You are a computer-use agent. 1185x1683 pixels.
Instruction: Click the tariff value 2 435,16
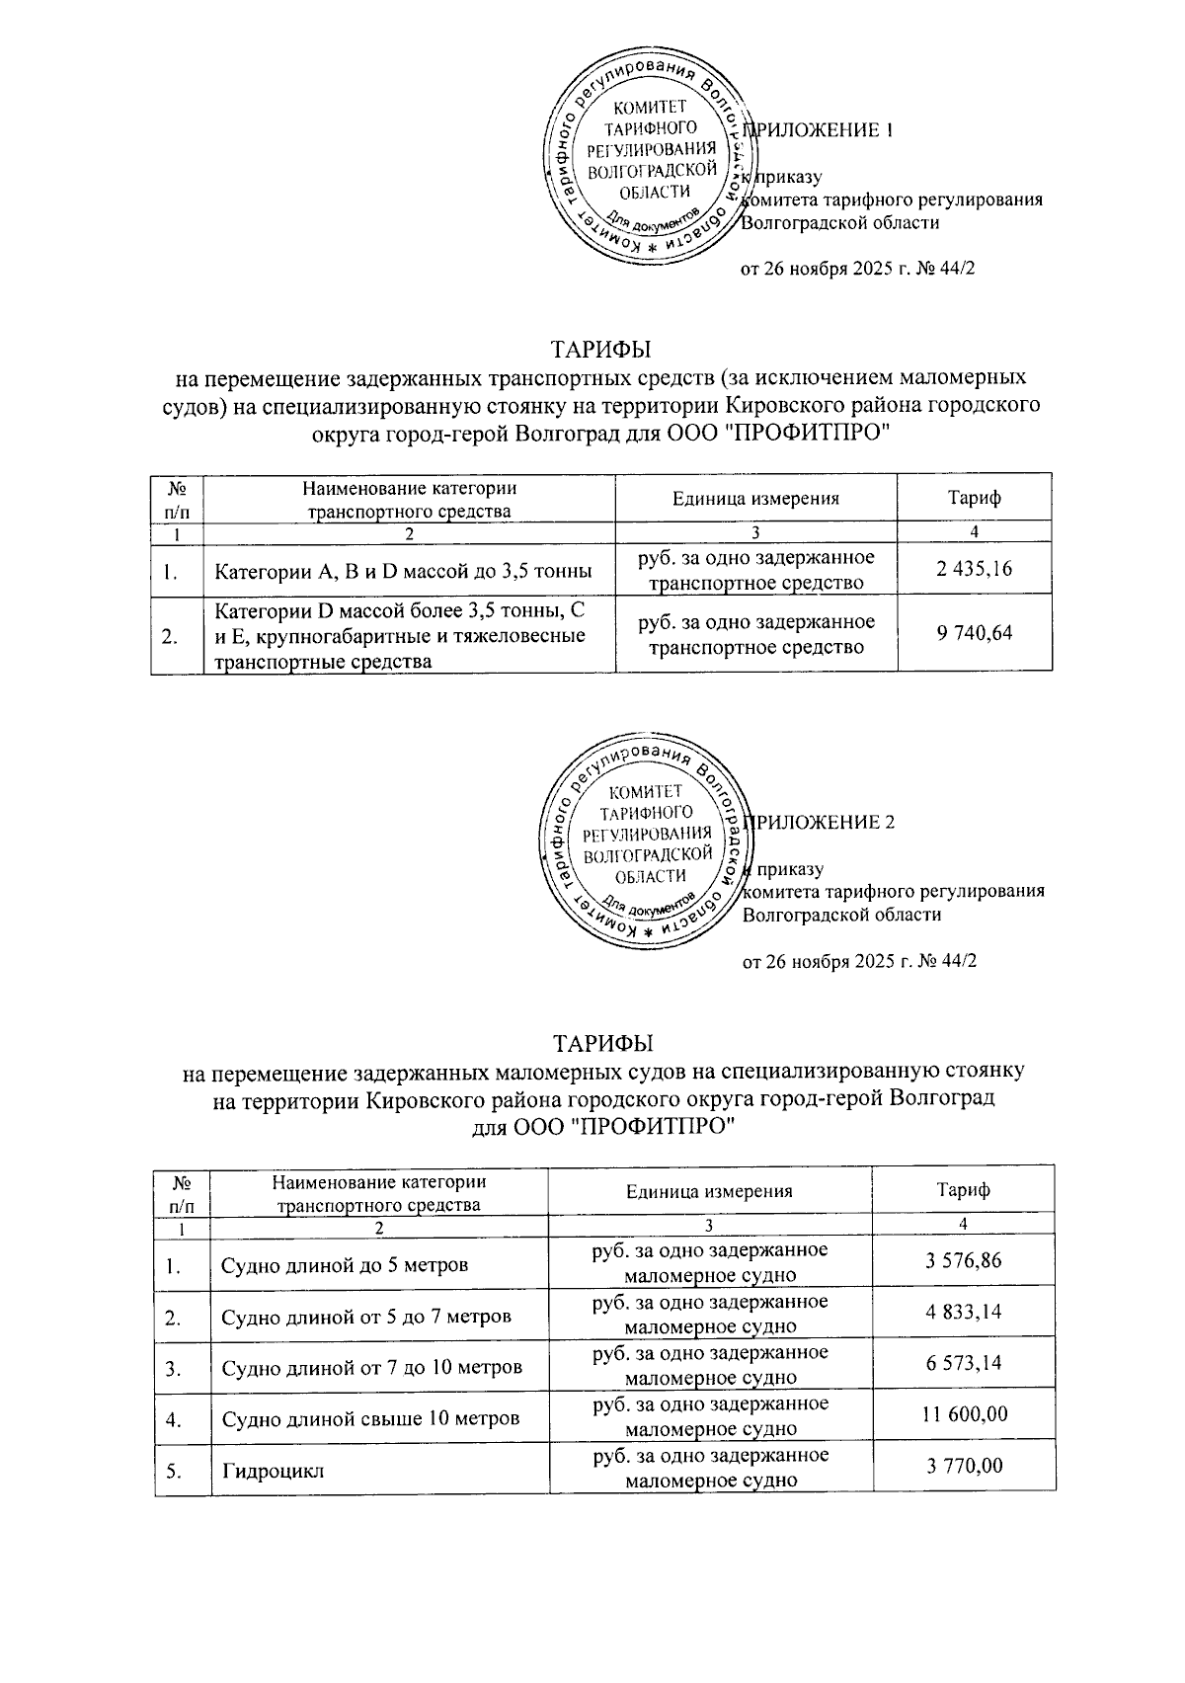point(974,570)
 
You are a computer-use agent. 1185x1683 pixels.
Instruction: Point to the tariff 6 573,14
point(964,1364)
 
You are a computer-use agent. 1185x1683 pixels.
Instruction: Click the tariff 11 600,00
point(964,1415)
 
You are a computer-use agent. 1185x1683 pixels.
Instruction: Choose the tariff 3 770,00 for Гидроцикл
point(964,1466)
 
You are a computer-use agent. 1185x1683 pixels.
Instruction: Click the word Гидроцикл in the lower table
point(273,1471)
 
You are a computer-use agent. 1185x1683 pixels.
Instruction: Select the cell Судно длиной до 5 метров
point(344,1265)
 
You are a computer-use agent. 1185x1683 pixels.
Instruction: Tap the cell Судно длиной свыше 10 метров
point(369,1419)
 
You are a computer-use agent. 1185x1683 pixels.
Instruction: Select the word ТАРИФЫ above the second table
point(603,1044)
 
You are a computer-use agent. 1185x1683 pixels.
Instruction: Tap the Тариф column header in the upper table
point(974,498)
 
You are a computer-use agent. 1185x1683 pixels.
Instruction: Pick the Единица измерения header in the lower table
point(709,1191)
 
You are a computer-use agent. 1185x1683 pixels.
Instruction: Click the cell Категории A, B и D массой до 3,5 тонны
point(403,571)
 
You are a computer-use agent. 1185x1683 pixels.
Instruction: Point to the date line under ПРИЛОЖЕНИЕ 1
point(857,269)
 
